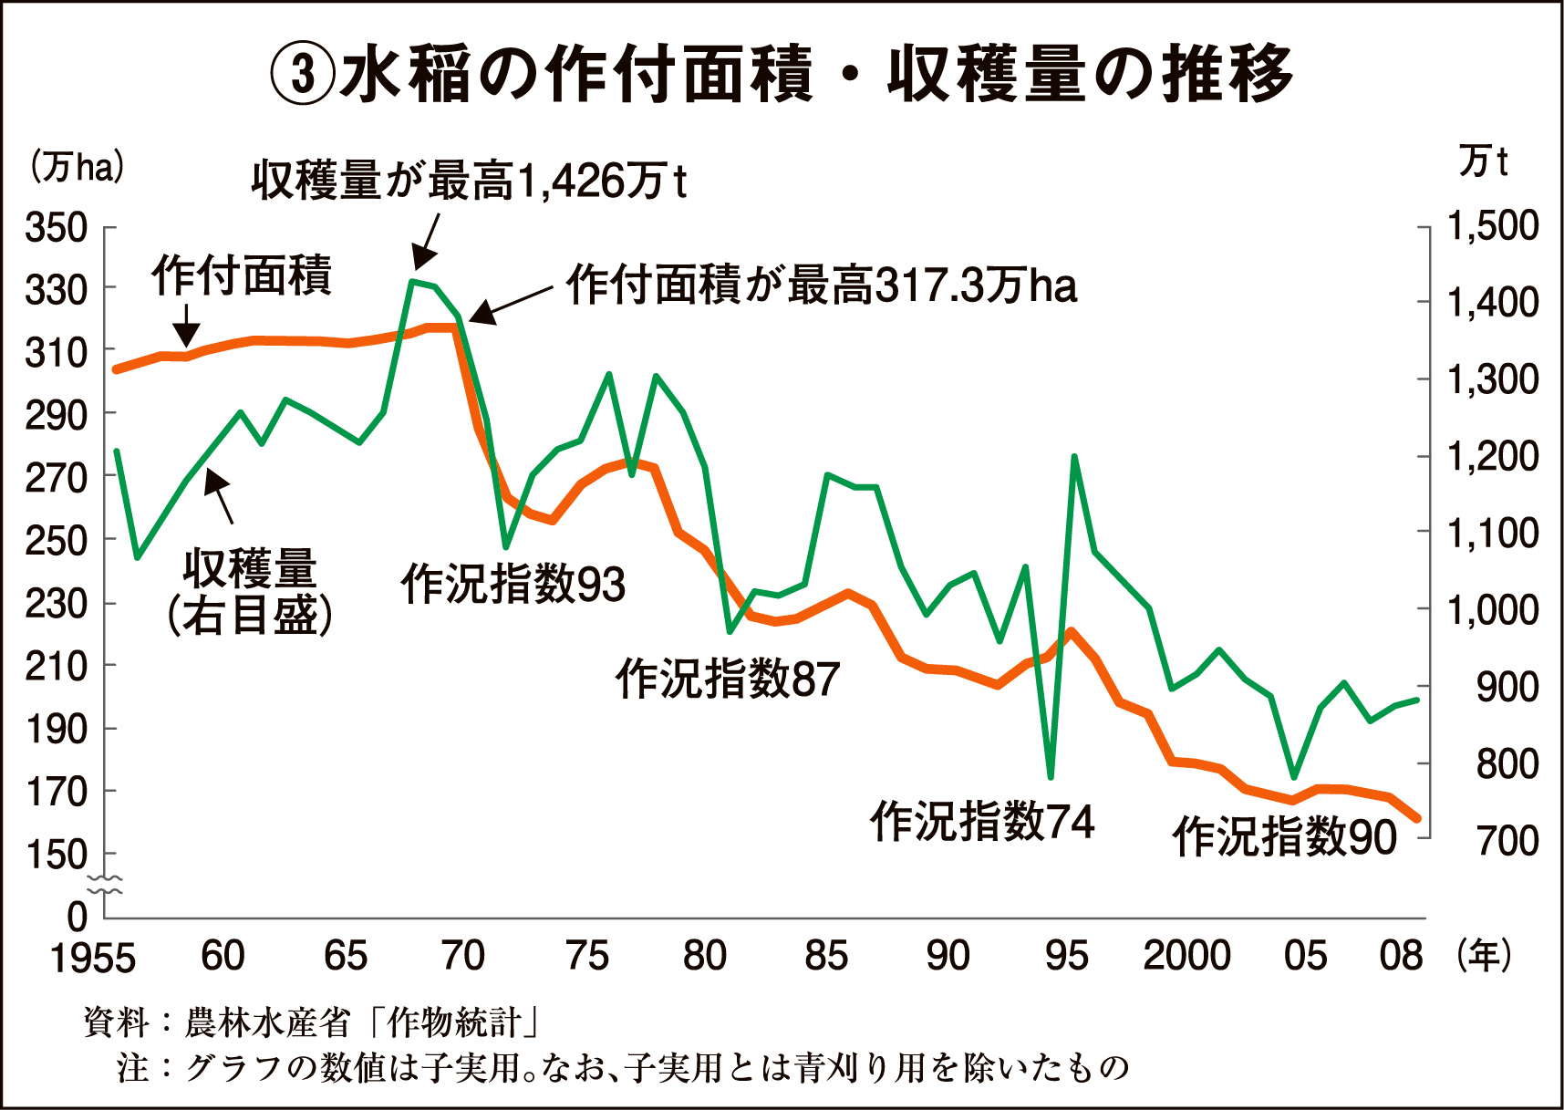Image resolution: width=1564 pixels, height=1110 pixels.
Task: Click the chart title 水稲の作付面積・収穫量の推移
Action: [x=782, y=73]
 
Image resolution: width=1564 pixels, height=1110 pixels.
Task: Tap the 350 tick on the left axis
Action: [x=56, y=228]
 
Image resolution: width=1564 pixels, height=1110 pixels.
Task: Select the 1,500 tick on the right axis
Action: [x=1493, y=226]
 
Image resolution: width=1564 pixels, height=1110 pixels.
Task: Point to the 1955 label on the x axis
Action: [x=92, y=959]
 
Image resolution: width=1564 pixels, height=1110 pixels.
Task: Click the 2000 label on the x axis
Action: [x=1186, y=957]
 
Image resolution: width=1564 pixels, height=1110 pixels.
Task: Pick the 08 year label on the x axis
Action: [x=1400, y=957]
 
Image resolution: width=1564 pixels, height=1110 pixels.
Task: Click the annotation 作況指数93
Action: [x=513, y=584]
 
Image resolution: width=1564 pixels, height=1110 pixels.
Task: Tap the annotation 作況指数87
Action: [x=727, y=679]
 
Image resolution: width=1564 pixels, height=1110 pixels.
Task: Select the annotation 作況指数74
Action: [x=981, y=821]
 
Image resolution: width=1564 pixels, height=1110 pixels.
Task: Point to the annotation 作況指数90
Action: [x=1284, y=836]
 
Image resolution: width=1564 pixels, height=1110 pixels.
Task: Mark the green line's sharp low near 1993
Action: [x=1051, y=776]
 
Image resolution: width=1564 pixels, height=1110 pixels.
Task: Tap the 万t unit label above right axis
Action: [x=1483, y=161]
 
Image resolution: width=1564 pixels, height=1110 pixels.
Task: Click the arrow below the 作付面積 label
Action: [x=187, y=327]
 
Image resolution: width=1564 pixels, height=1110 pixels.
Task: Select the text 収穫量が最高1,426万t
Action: [x=468, y=181]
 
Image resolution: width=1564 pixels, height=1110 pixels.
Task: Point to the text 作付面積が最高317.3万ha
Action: [x=821, y=285]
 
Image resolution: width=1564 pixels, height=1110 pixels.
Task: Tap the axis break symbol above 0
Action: [x=105, y=884]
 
